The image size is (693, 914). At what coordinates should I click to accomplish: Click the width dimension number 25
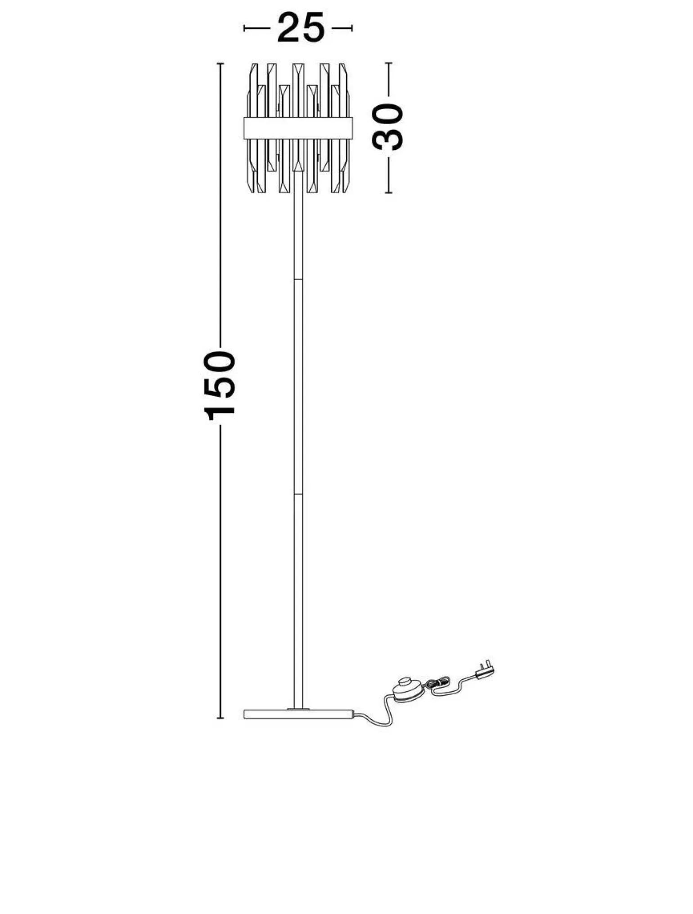[301, 28]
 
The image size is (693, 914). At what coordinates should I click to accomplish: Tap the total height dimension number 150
[220, 386]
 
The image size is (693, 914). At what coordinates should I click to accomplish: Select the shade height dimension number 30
[388, 127]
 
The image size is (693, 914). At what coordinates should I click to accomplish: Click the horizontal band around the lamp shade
[298, 128]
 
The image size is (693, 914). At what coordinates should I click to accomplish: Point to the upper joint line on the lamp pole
[298, 279]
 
